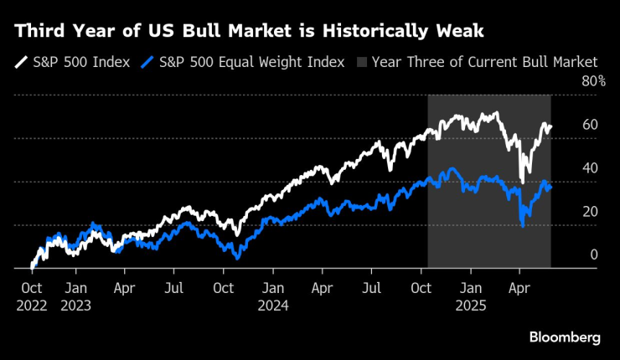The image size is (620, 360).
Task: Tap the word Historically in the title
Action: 375,31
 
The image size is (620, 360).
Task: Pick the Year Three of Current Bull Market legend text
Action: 484,61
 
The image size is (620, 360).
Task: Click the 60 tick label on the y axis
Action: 590,125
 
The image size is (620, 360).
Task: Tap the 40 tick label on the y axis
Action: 590,168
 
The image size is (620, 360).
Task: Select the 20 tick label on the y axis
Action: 590,212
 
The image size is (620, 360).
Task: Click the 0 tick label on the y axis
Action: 593,255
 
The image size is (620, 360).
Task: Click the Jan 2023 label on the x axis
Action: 75,296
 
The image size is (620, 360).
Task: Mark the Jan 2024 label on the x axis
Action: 273,296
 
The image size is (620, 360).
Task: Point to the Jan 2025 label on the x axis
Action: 471,296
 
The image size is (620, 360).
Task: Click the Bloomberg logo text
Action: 565,337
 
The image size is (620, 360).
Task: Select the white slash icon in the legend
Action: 19,61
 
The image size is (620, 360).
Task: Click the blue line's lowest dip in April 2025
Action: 523,224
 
